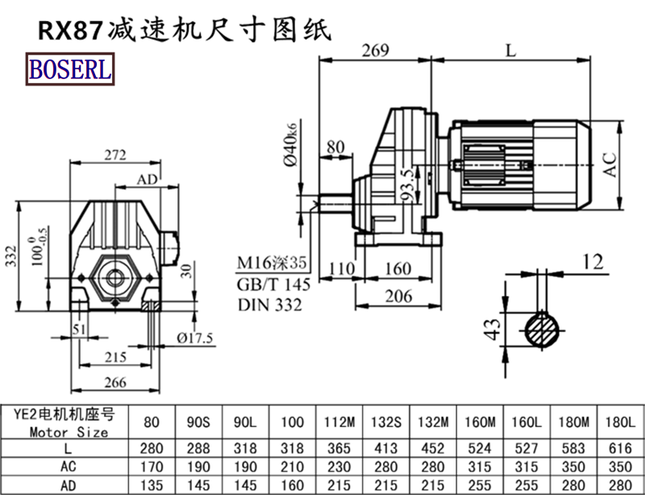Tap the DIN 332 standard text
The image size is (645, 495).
(x=270, y=305)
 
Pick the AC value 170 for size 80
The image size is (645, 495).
(x=151, y=467)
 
